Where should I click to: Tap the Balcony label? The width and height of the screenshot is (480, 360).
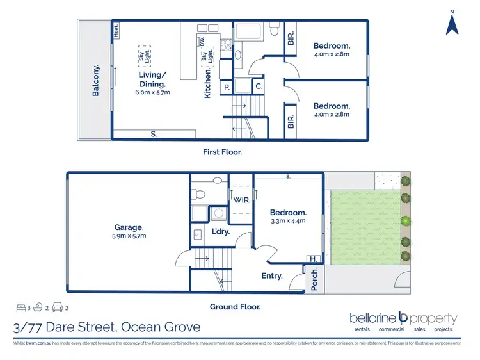point(96,80)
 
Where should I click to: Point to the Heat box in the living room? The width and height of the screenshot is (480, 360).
point(116,30)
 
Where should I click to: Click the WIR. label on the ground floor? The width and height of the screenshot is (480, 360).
point(241,200)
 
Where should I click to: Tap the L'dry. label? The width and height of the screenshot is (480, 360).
point(221,232)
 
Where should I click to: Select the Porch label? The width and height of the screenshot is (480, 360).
point(314,280)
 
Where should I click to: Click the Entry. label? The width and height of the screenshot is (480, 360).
point(272,275)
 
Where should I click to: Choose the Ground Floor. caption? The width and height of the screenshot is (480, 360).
point(236,307)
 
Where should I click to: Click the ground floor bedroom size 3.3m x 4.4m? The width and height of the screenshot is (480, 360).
point(287,221)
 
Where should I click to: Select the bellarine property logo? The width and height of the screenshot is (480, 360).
point(403,318)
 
